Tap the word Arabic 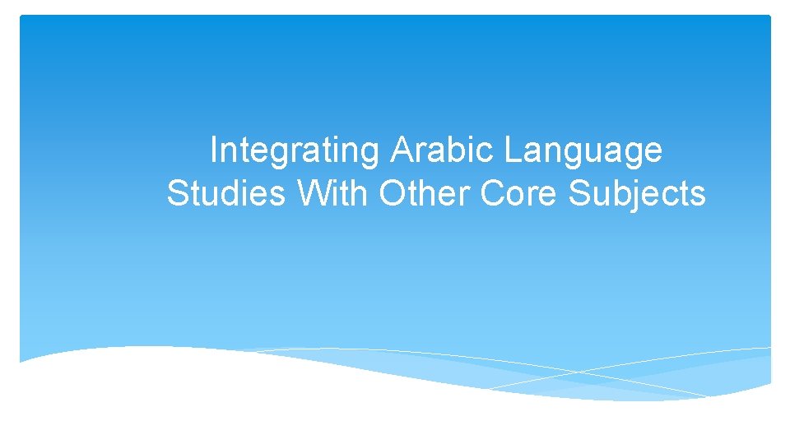click(x=443, y=150)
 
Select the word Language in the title click(x=583, y=151)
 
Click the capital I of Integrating click(x=214, y=150)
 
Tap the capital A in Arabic click(x=402, y=150)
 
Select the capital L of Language click(x=511, y=150)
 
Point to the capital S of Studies click(x=177, y=194)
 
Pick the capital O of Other click(x=392, y=194)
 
